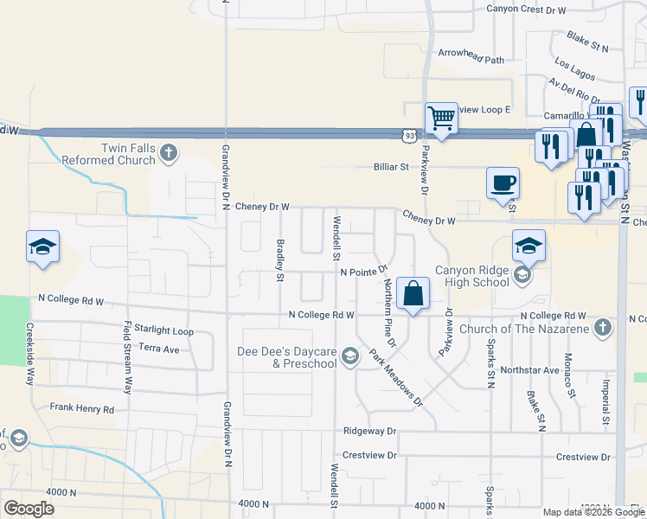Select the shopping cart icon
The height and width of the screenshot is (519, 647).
tap(441, 118)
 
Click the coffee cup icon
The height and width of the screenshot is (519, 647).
tap(503, 183)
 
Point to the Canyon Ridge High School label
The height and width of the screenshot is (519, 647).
tap(472, 276)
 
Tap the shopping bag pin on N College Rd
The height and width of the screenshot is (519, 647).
tap(414, 293)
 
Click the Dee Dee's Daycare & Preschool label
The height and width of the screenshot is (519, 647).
tap(287, 357)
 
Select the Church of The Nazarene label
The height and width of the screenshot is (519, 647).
tap(526, 328)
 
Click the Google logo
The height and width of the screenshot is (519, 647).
tap(29, 508)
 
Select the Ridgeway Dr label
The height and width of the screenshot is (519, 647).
tap(368, 430)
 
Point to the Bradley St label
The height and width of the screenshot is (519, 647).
tap(279, 260)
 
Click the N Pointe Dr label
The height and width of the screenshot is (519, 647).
tap(366, 272)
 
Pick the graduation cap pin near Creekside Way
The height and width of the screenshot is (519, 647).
tap(42, 247)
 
